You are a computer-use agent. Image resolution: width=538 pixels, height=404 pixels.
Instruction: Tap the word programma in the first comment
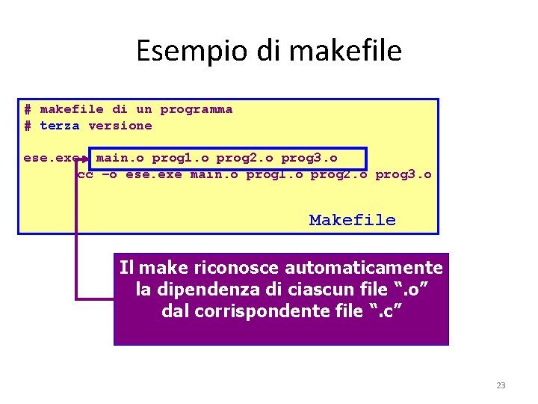197,109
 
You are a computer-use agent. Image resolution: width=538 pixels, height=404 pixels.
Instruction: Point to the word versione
120,126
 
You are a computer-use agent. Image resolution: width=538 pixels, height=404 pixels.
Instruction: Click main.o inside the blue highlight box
120,158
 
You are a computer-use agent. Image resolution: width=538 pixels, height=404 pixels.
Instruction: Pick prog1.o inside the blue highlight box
180,158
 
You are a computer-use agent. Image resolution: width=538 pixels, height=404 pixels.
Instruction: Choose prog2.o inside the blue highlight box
244,158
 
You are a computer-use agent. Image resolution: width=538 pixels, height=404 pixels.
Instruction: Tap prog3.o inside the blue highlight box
309,158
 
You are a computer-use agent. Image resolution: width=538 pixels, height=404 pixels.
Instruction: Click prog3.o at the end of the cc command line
403,174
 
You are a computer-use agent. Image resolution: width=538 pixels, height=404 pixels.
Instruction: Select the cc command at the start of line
85,174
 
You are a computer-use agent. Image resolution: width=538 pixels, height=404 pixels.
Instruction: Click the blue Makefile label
352,220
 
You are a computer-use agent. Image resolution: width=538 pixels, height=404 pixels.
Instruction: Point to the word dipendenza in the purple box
204,289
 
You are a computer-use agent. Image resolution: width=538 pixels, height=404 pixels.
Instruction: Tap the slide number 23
501,385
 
